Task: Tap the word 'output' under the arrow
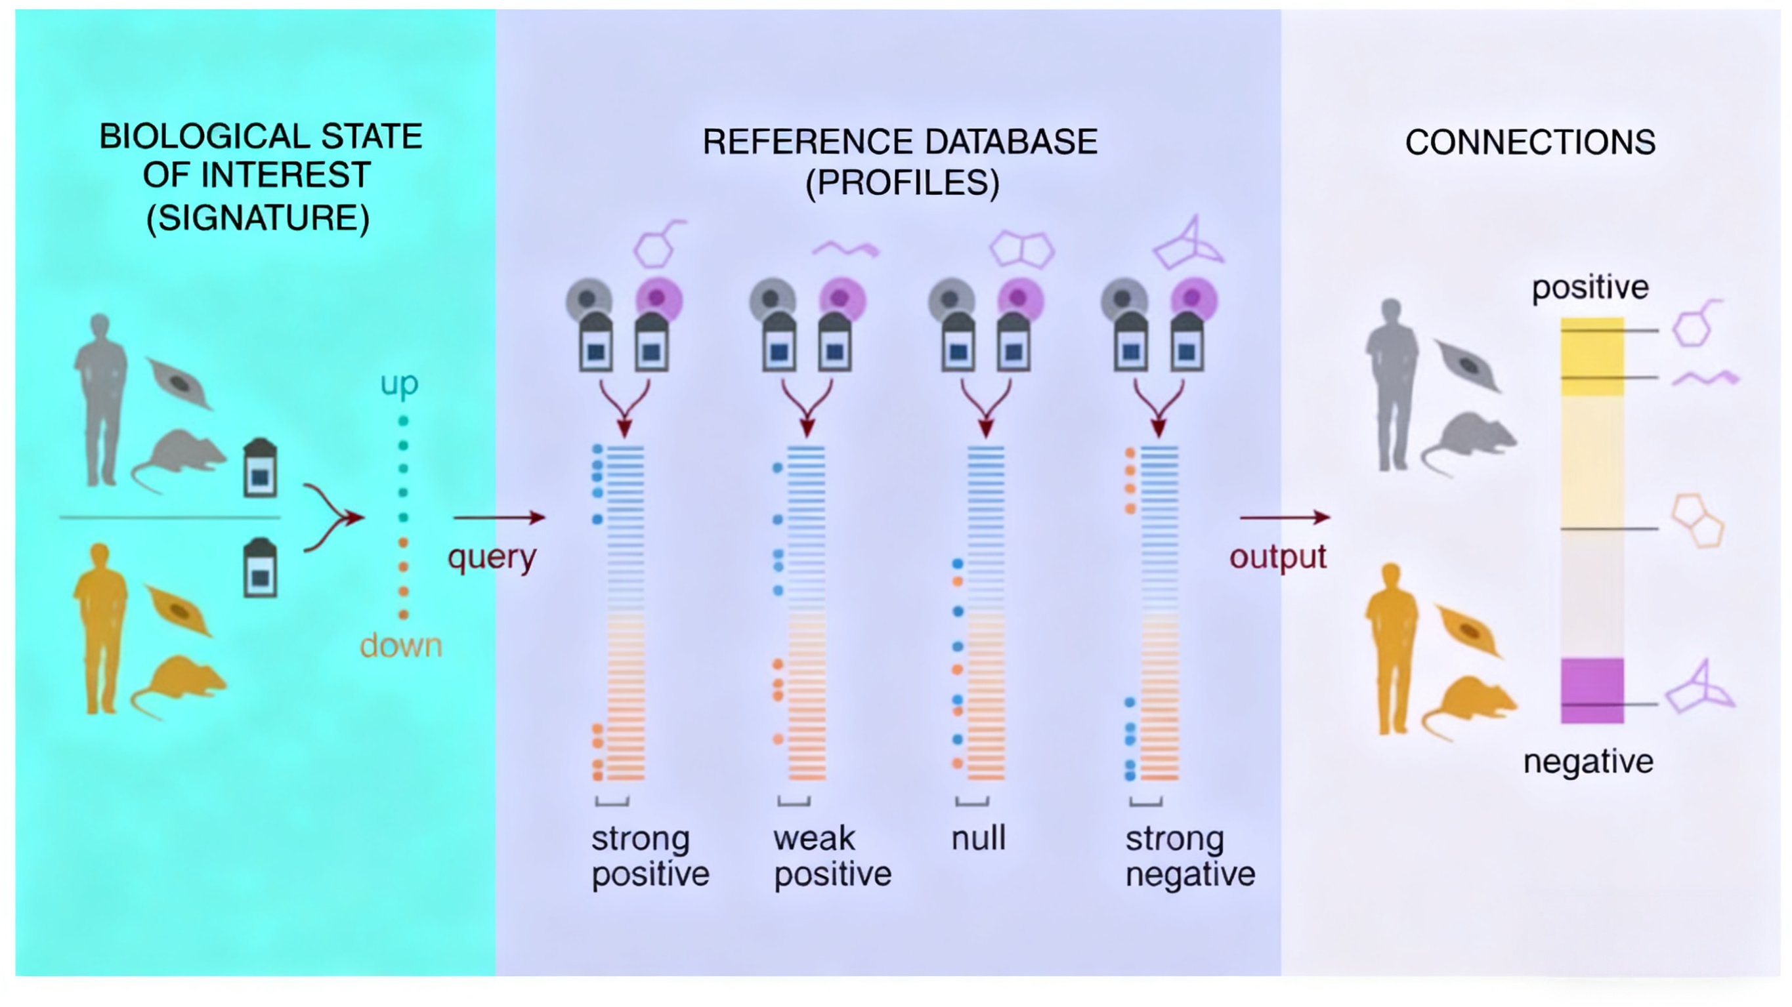[x=1278, y=557]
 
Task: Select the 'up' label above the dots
[x=399, y=383]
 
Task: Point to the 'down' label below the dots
[x=400, y=646]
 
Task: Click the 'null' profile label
[x=978, y=838]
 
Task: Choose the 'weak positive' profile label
[x=832, y=856]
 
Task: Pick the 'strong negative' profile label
[x=1189, y=856]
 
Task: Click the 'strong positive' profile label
[x=650, y=856]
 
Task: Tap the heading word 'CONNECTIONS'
[x=1529, y=142]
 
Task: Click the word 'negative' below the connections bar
[x=1588, y=762]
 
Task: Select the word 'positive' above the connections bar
[x=1590, y=287]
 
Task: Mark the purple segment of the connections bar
[x=1592, y=690]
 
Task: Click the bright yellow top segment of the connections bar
[x=1592, y=356]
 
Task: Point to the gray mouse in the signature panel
[x=179, y=457]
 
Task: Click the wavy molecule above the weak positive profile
[x=845, y=248]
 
